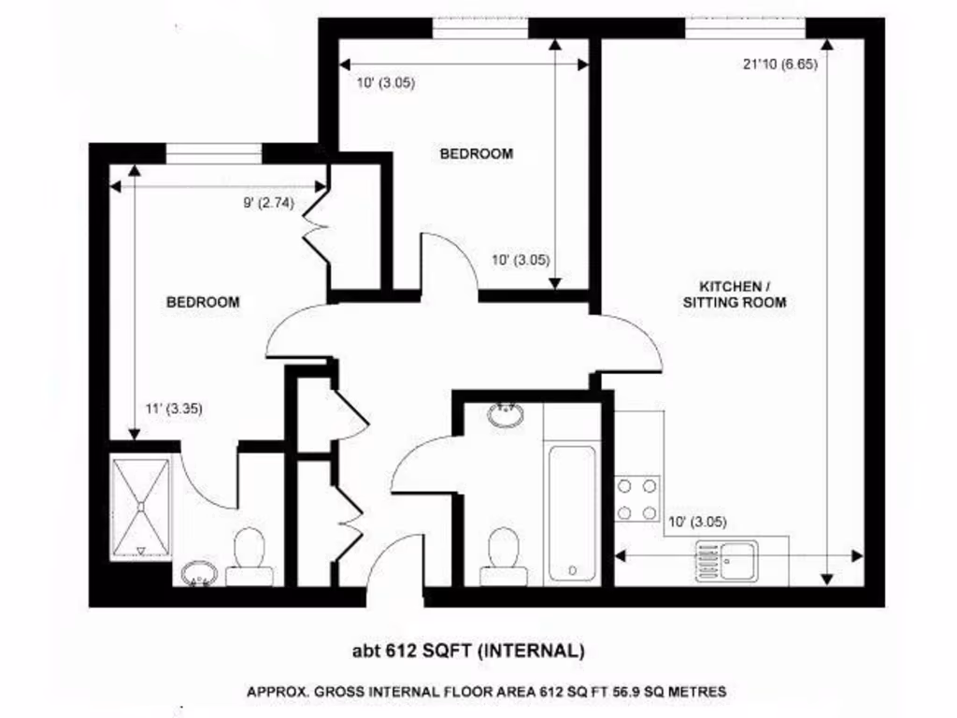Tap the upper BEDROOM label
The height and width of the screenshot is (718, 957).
[x=476, y=154]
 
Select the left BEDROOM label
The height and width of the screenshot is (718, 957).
[x=203, y=302]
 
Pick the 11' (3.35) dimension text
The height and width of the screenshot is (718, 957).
[x=174, y=408]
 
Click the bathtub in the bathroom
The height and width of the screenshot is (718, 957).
[x=571, y=512]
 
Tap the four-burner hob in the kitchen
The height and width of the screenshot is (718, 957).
[x=636, y=499]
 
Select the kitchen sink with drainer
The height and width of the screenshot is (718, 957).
[x=726, y=561]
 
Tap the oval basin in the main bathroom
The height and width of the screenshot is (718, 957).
[x=507, y=413]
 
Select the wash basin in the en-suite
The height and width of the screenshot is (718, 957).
[x=198, y=573]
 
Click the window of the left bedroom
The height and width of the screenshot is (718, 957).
[x=213, y=152]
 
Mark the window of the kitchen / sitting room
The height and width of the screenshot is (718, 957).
[x=745, y=28]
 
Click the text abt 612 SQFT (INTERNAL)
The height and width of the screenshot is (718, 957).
[x=467, y=651]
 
